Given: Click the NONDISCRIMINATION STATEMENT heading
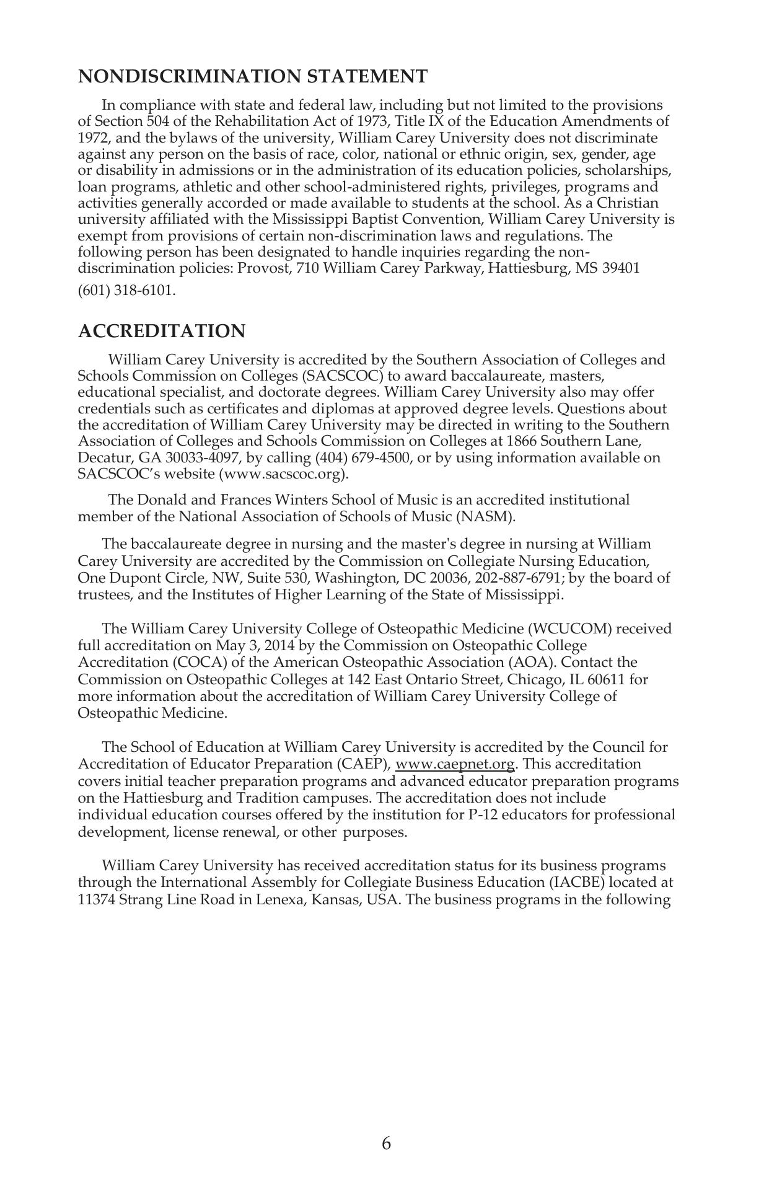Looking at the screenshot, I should (x=252, y=77).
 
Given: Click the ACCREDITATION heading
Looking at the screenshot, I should (x=162, y=332).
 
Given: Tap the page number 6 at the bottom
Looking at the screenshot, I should (x=386, y=1144).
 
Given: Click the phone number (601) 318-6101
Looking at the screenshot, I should (x=126, y=291).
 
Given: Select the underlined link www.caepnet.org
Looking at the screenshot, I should (x=455, y=764).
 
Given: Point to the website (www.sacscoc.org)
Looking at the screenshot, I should (x=283, y=475).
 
